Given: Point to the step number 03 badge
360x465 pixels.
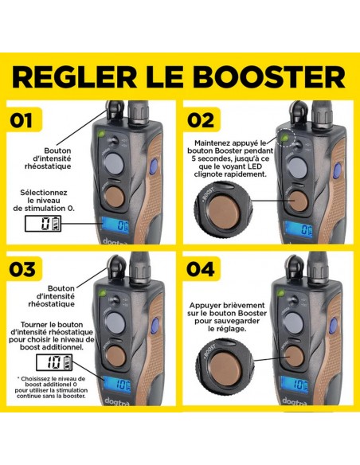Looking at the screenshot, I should tap(28, 268).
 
